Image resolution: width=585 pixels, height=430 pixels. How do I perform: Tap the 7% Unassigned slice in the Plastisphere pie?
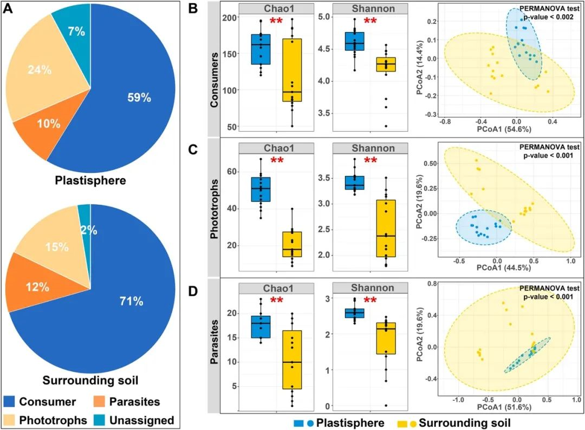pyautogui.click(x=76, y=31)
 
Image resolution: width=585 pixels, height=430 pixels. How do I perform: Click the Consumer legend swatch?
pyautogui.click(x=10, y=402)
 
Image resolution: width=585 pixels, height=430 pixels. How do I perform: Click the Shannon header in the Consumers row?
pyautogui.click(x=371, y=9)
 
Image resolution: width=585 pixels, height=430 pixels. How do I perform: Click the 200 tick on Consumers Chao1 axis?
pyautogui.click(x=230, y=17)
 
